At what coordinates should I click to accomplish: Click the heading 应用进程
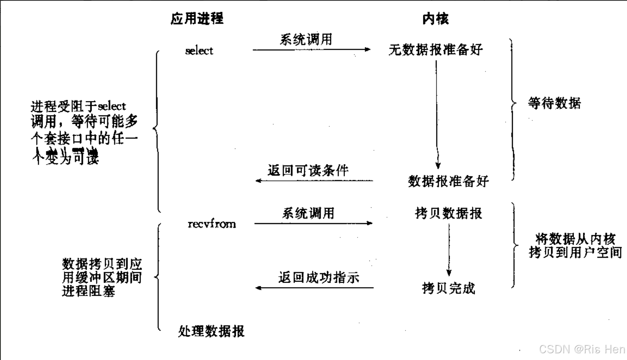[x=197, y=19]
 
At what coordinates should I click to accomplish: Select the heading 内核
[x=435, y=19]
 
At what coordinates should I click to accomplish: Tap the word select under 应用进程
[x=199, y=51]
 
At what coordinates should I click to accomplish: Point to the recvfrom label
[x=211, y=224]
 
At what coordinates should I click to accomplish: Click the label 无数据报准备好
[x=435, y=50]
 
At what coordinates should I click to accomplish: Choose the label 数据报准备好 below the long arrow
[x=448, y=181]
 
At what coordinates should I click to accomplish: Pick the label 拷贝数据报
[x=448, y=213]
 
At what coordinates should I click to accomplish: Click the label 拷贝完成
[x=448, y=288]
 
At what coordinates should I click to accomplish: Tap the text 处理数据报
[x=211, y=331]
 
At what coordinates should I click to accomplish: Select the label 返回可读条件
[x=308, y=171]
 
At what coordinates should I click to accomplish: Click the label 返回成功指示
[x=318, y=277]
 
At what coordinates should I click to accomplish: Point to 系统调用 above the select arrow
[x=306, y=40]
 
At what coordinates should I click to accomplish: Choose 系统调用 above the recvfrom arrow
[x=308, y=213]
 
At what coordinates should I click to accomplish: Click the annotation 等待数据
[x=554, y=103]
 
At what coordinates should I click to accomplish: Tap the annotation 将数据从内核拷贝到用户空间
[x=575, y=245]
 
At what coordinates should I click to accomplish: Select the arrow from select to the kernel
[x=311, y=50]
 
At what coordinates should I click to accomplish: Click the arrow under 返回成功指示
[x=314, y=288]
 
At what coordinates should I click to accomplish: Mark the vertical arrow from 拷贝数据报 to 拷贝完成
[x=449, y=251]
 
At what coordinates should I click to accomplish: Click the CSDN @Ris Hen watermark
[x=582, y=349]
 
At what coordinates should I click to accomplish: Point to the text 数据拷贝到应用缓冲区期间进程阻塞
[x=102, y=277]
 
